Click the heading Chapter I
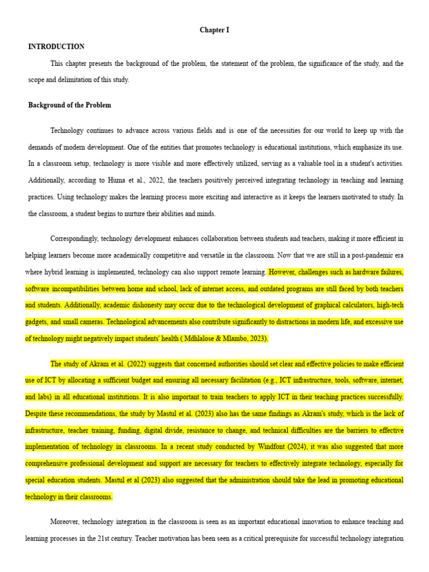click(x=214, y=30)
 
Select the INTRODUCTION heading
click(x=56, y=47)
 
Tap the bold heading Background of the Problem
click(x=70, y=105)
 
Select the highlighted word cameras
click(x=90, y=322)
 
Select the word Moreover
click(x=65, y=522)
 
